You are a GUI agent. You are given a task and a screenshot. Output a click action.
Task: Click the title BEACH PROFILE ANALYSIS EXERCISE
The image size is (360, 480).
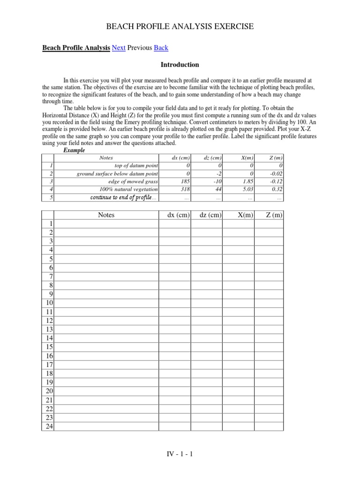click(x=180, y=27)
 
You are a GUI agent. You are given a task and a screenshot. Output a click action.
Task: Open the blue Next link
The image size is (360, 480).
click(x=119, y=48)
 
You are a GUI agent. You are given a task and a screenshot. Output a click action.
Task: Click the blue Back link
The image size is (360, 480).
click(x=161, y=48)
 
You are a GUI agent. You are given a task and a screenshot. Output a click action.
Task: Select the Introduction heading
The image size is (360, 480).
click(x=180, y=65)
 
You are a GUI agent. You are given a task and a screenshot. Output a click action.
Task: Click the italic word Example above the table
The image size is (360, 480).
click(x=74, y=150)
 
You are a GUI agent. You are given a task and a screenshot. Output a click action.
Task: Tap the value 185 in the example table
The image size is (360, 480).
click(x=184, y=181)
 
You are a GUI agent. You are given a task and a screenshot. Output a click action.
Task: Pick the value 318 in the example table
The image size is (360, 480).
click(x=184, y=189)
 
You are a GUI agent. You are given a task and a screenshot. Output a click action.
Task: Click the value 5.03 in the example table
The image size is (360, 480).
click(x=248, y=189)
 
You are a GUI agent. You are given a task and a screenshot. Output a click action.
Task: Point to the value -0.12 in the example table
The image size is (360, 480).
click(x=277, y=181)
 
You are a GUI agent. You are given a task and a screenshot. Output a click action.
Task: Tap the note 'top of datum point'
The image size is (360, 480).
click(x=136, y=165)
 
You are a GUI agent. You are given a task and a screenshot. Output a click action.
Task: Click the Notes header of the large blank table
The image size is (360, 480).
click(x=106, y=215)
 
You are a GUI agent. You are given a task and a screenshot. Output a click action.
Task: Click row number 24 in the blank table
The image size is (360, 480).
click(x=49, y=426)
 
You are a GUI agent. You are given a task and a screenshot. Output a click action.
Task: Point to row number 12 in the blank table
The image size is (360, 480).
click(x=49, y=321)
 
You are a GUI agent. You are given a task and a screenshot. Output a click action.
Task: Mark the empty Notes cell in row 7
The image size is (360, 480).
click(x=106, y=277)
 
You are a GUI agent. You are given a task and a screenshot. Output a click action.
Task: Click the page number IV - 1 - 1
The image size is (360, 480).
click(x=180, y=454)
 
